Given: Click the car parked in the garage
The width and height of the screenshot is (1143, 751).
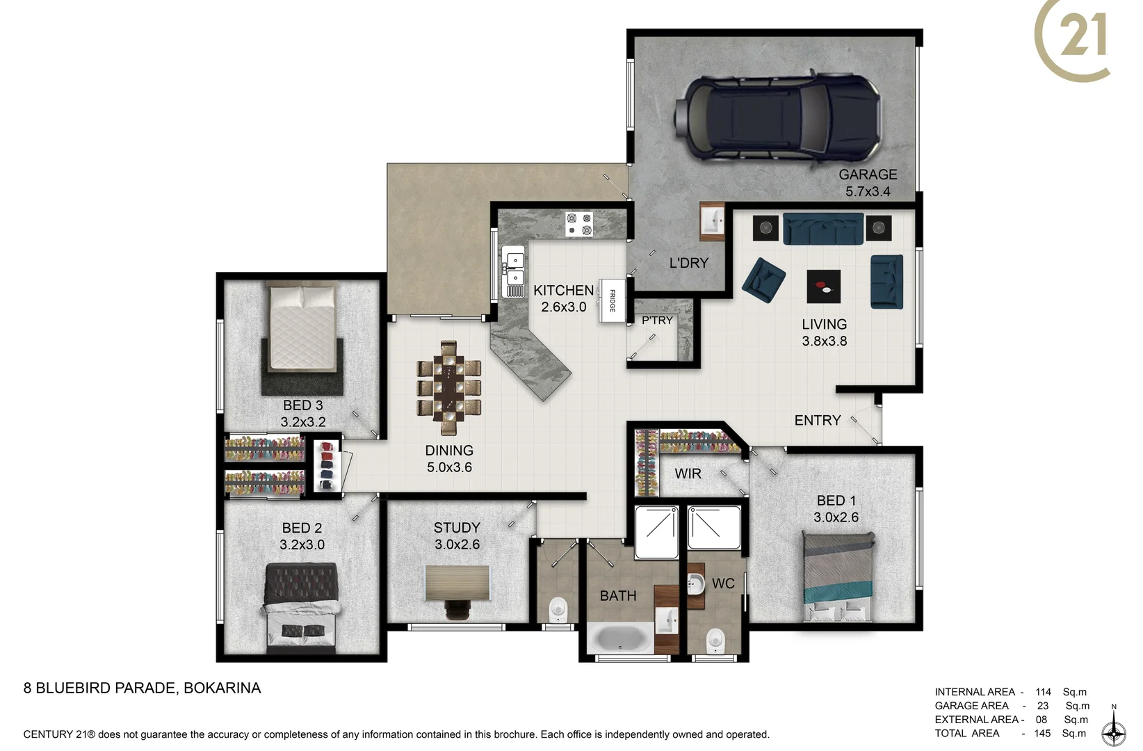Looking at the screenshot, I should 777,118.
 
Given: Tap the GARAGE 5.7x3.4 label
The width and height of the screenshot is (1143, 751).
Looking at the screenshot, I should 867,183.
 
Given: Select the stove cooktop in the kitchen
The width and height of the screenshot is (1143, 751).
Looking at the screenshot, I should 578,224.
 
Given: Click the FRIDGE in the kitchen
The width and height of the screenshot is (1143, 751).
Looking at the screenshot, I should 613,300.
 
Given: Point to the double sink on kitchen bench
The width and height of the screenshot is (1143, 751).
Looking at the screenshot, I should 514,270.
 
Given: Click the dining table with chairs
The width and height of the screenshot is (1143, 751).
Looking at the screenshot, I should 449,387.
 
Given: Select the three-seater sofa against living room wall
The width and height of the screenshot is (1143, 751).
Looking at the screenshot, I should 823,229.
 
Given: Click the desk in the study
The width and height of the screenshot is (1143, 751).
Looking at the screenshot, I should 457,583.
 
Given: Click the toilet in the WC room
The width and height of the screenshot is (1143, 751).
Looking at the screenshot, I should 715,640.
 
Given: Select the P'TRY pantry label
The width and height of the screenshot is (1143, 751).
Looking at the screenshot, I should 657,321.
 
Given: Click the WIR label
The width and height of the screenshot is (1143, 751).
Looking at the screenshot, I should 688,474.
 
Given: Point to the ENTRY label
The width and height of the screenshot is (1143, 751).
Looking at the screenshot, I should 818,420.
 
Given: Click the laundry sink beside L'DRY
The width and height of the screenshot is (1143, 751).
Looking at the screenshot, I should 712,222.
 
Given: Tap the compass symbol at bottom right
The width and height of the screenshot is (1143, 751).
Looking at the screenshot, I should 1114,732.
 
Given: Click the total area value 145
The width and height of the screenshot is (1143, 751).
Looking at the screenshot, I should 1042,733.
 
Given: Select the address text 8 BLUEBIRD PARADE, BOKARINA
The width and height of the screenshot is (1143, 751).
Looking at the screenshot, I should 143,688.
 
